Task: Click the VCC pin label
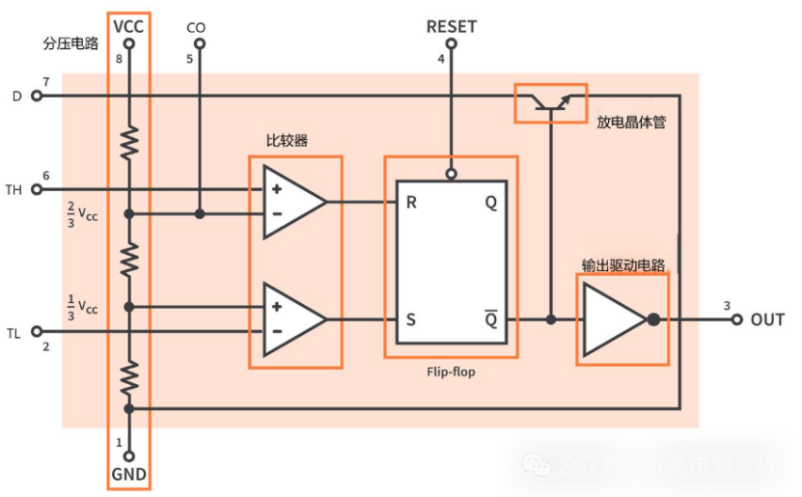point(128,26)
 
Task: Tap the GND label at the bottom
point(128,474)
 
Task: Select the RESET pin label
point(451,26)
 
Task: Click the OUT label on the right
point(767,319)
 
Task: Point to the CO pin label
point(196,28)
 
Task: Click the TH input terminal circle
point(38,189)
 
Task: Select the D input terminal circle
point(38,96)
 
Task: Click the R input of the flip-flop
point(410,203)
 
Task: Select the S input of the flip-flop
point(410,319)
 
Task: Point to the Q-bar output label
point(490,319)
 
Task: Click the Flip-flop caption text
point(451,371)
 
